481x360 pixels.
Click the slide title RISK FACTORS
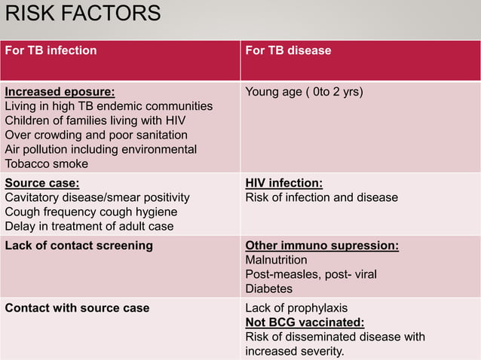point(83,14)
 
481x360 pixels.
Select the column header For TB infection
point(51,51)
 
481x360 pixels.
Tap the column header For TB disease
point(289,51)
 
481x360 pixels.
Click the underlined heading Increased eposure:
point(60,93)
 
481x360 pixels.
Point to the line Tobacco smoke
point(47,164)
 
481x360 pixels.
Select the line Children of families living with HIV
point(96,121)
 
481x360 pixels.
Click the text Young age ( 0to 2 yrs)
point(305,93)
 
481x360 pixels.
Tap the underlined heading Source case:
point(42,183)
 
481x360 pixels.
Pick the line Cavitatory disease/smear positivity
point(97,197)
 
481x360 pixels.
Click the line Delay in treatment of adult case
point(90,226)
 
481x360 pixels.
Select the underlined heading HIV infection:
point(284,183)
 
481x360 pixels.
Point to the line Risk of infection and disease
point(322,197)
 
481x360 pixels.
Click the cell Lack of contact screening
point(79,246)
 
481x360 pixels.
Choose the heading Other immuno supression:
point(322,246)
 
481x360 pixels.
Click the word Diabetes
point(269,288)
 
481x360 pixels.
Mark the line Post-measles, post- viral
point(311,274)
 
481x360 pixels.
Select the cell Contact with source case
point(78,308)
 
